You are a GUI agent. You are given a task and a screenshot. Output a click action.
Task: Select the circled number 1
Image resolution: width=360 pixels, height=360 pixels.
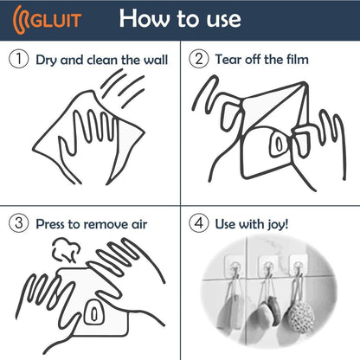(x=18, y=60)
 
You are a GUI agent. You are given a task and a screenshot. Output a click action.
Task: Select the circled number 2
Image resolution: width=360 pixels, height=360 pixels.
(x=197, y=60)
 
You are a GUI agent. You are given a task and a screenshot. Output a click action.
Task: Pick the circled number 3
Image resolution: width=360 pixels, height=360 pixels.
(x=18, y=223)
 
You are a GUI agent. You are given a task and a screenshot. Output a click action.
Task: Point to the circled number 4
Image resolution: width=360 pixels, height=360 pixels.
(x=197, y=223)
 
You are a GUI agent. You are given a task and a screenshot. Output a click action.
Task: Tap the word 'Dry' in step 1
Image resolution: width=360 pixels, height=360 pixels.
(x=47, y=60)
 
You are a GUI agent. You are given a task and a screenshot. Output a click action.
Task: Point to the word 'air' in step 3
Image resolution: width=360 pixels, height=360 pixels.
(x=137, y=224)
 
